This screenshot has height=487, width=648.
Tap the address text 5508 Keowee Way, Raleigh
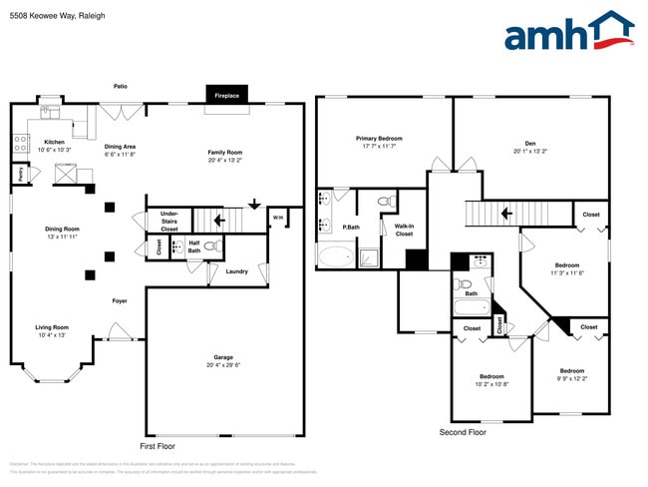[57, 16]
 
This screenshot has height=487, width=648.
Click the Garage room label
[223, 357]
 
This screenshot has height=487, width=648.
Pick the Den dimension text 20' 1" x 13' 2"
[531, 153]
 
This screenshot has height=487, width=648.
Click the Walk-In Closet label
[404, 231]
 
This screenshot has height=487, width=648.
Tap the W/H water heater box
[278, 218]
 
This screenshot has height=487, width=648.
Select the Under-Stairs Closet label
[169, 221]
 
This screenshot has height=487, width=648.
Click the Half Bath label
[194, 245]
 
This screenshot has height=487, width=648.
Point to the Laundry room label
[237, 270]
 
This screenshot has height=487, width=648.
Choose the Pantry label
[20, 174]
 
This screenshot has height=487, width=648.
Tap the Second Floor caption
[464, 432]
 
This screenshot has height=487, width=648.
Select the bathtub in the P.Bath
[335, 256]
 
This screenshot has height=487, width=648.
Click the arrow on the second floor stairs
[507, 213]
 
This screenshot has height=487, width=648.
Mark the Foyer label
[119, 300]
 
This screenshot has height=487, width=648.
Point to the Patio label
[120, 87]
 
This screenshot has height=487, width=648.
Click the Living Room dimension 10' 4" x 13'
[52, 335]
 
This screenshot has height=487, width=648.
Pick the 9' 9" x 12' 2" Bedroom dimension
[571, 378]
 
